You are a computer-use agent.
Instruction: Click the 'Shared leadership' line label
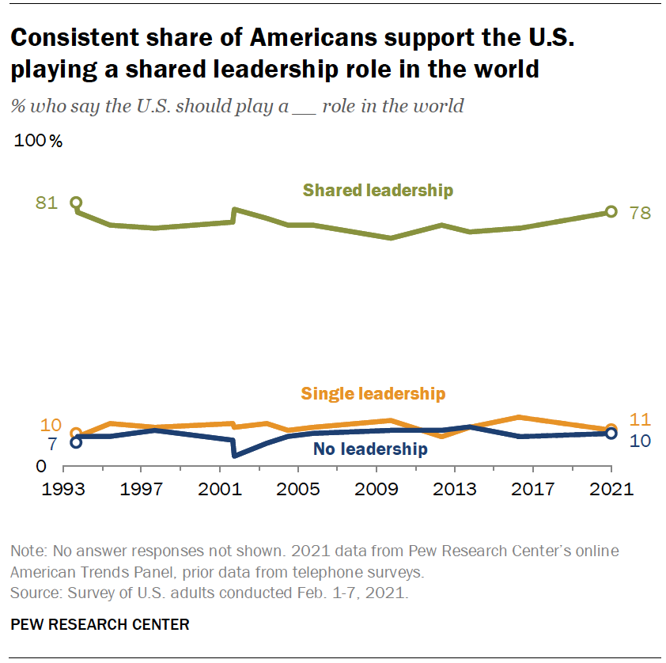[378, 190]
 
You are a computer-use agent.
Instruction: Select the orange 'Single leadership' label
[373, 393]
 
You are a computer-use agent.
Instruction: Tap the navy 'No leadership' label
[370, 450]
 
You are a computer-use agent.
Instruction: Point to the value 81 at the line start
[47, 203]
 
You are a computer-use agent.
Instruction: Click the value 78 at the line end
[639, 213]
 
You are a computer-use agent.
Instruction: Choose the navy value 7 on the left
[52, 445]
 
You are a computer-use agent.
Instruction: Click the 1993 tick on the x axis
[64, 488]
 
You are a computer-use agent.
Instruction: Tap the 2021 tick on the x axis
[611, 488]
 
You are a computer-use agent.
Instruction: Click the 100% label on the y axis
[38, 142]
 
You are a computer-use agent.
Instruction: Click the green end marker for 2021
[611, 211]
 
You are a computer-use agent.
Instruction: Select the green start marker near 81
[76, 203]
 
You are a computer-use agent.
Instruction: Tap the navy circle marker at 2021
[611, 434]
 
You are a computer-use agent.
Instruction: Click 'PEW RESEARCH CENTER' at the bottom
[100, 625]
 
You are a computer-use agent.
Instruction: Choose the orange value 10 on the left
[49, 425]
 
